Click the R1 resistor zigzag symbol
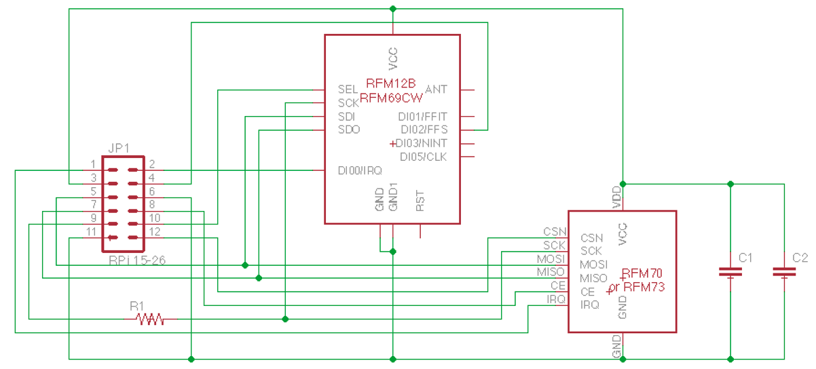tap(150, 319)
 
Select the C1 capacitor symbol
tap(730, 272)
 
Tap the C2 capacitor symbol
tap(784, 272)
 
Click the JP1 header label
tap(119, 149)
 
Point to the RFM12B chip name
tap(390, 83)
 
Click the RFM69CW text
tap(391, 98)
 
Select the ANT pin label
tap(436, 90)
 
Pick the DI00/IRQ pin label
tap(360, 171)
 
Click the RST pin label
tap(420, 201)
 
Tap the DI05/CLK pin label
tap(424, 157)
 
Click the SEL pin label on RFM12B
tap(348, 90)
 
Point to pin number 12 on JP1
tap(155, 232)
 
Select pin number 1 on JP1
tap(93, 164)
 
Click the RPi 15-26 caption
tap(137, 260)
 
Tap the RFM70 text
tap(642, 273)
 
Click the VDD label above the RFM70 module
tap(616, 197)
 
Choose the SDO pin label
tap(349, 130)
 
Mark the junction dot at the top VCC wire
tap(392, 9)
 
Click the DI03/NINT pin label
tap(421, 143)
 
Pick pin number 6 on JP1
tap(152, 191)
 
